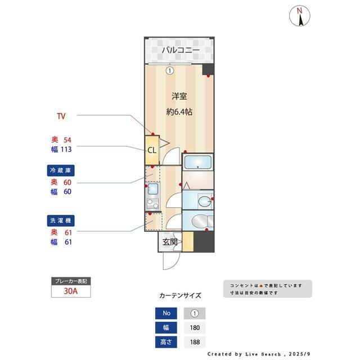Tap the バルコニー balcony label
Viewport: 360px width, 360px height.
[181, 51]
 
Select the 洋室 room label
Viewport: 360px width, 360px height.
[179, 96]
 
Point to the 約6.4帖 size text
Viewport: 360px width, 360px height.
[179, 111]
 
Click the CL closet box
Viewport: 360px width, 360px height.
[152, 150]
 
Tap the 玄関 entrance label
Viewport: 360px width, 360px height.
[170, 242]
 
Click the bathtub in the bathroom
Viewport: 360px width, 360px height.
[198, 163]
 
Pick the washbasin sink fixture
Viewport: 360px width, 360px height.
[205, 201]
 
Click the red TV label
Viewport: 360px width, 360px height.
[61, 116]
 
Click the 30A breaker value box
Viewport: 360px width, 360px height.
[71, 292]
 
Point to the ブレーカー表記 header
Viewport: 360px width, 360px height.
[70, 281]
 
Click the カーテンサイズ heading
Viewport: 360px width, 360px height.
[180, 296]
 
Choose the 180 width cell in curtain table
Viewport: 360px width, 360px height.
[195, 327]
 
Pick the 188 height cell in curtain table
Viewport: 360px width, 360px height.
[195, 341]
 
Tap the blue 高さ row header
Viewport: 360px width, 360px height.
[166, 341]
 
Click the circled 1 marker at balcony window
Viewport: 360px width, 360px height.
[169, 71]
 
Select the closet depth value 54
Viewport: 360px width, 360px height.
[67, 139]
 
